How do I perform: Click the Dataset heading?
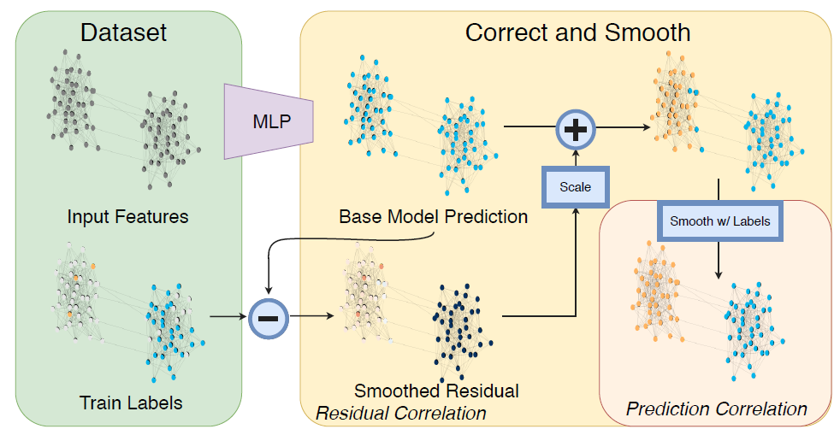coord(123,33)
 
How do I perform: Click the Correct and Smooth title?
coord(577,33)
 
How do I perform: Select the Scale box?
coord(575,186)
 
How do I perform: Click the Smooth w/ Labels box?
coord(719,220)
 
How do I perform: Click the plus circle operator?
coord(575,129)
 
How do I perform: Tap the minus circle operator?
coord(268,319)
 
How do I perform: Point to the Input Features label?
coord(127,217)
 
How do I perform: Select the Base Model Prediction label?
coord(433,217)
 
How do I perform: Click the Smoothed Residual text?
coord(436,391)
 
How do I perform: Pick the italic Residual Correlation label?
coord(401,414)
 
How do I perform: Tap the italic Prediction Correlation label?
coord(716,409)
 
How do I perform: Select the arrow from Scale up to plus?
coord(575,158)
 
